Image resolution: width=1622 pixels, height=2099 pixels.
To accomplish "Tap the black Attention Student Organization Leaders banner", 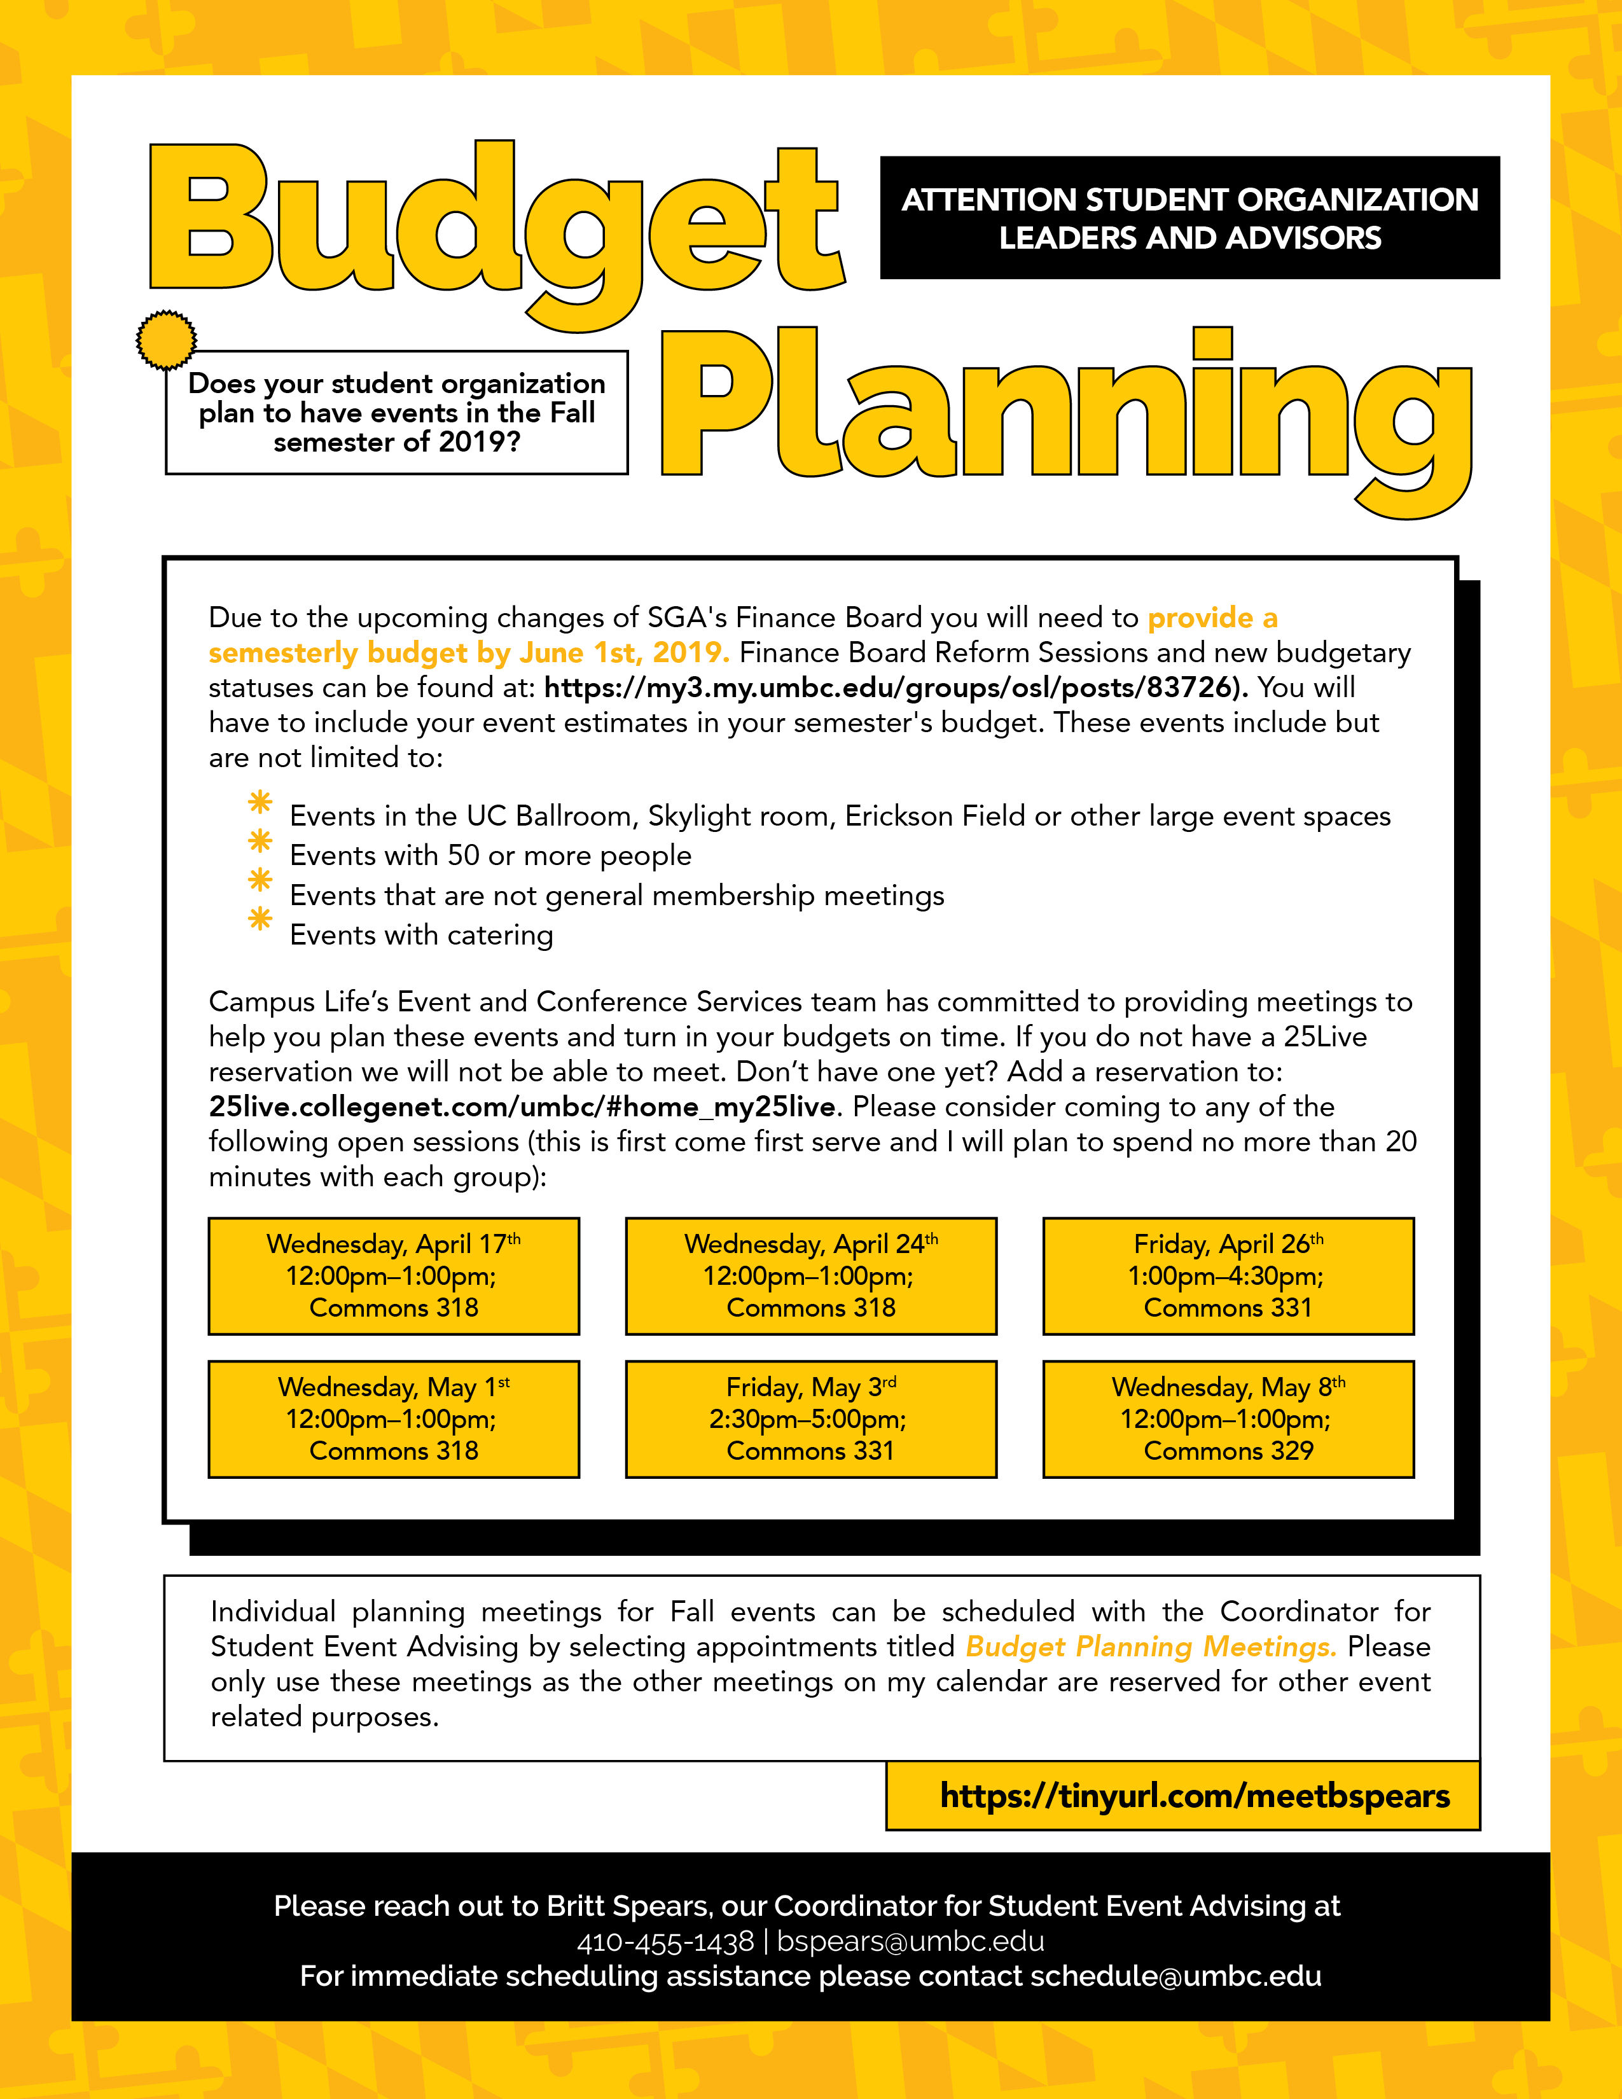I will click(x=1189, y=218).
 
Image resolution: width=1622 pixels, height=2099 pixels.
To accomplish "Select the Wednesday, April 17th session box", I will click(x=394, y=1275).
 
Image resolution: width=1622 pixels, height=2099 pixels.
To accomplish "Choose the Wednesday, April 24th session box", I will click(x=811, y=1275).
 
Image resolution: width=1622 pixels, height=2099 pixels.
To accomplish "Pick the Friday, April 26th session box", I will click(x=1228, y=1275).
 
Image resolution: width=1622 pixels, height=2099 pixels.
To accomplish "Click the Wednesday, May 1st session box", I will click(x=394, y=1418).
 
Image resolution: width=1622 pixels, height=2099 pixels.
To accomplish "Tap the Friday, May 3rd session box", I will click(x=811, y=1418).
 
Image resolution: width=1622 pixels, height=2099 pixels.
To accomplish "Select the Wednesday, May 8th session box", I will click(x=1228, y=1418).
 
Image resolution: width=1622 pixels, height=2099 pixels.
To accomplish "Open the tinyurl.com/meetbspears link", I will click(x=1195, y=1796).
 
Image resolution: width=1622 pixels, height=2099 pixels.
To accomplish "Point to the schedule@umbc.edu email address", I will click(x=1175, y=1976).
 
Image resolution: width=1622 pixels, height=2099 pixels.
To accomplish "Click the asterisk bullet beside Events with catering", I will click(x=260, y=920).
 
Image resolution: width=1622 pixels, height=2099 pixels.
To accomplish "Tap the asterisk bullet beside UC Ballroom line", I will click(x=260, y=801).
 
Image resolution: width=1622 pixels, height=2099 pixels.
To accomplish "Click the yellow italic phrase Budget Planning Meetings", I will click(x=1150, y=1646).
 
